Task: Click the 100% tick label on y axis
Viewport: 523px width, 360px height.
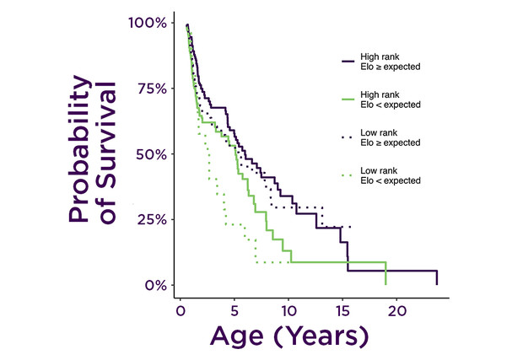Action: [x=148, y=22]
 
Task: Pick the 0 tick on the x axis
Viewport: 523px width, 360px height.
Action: [x=180, y=310]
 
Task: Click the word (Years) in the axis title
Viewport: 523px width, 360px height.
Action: [x=325, y=336]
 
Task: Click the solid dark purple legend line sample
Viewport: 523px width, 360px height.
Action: [x=346, y=61]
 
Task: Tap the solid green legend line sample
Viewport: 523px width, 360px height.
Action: [x=346, y=99]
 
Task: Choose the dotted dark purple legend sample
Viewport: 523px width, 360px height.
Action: [x=346, y=137]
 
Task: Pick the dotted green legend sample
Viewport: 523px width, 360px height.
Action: [x=346, y=175]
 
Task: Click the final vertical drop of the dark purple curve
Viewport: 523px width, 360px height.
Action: [x=436, y=277]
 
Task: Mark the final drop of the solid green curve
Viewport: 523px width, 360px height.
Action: [x=386, y=273]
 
